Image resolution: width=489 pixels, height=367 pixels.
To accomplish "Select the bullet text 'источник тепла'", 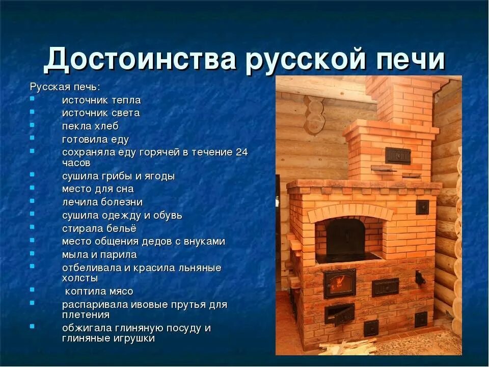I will point(101,100).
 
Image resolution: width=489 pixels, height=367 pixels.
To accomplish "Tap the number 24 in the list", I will point(241,152).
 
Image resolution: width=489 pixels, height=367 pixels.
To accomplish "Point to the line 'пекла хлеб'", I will point(90,126).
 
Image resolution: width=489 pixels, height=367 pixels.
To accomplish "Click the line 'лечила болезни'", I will point(102,202).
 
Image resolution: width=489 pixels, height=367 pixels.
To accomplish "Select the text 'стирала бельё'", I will point(99,228).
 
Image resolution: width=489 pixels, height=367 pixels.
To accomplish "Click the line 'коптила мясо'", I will point(99,292).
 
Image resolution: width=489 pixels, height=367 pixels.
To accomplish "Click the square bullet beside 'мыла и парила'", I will point(32,253).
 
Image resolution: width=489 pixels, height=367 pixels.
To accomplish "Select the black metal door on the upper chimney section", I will point(397,154).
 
